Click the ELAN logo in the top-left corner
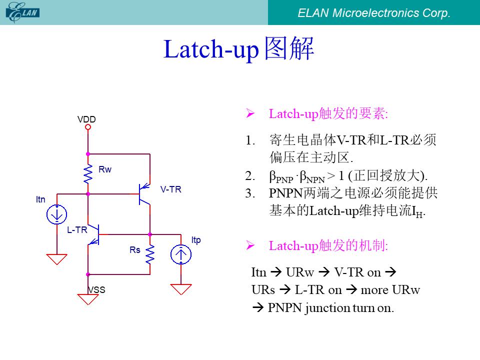[22, 12]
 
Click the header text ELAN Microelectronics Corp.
[374, 13]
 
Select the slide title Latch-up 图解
[239, 48]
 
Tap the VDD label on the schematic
[86, 119]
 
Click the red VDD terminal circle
[88, 126]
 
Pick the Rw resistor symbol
[88, 174]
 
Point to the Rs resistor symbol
[150, 254]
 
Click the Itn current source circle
[56, 214]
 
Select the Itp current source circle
[181, 254]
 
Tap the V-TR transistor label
[171, 189]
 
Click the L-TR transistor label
[77, 230]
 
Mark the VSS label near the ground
[96, 289]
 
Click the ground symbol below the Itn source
[56, 259]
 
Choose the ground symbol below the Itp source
[181, 289]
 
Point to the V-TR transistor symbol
[143, 194]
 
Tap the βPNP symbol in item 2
[281, 176]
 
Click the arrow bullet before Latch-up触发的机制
[250, 245]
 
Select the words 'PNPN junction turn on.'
[330, 307]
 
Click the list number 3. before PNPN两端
[250, 193]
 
